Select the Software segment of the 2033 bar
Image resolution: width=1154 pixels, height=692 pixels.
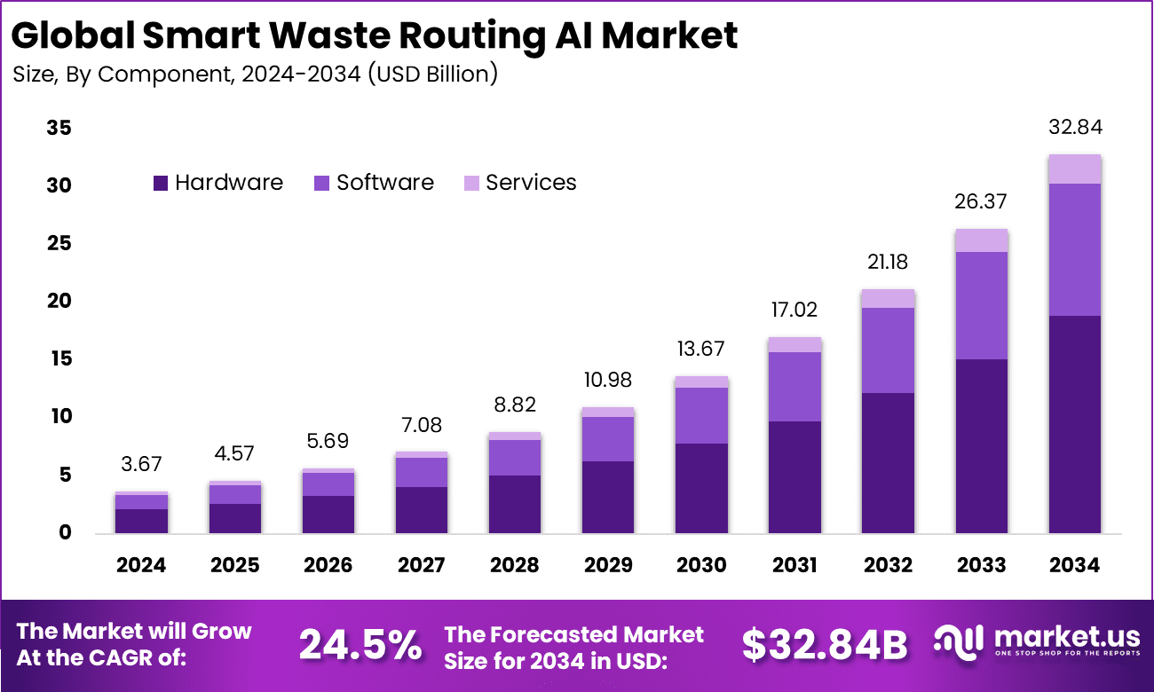click(x=981, y=305)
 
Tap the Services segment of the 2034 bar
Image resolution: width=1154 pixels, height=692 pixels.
click(x=1074, y=169)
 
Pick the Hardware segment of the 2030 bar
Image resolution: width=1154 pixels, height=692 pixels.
click(x=701, y=488)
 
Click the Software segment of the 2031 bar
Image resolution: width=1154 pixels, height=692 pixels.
click(x=794, y=387)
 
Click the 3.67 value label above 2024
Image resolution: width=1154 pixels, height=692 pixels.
click(x=142, y=464)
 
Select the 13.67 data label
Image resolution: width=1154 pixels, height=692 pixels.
click(x=701, y=349)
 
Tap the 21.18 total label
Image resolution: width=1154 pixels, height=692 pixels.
click(x=888, y=263)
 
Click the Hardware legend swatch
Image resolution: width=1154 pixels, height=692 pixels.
click(x=161, y=183)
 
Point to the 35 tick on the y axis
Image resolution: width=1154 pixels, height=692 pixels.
click(x=59, y=129)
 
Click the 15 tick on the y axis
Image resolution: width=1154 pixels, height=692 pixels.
click(x=59, y=359)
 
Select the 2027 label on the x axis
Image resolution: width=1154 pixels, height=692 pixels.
click(x=422, y=565)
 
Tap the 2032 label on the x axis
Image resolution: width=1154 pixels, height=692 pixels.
click(x=888, y=565)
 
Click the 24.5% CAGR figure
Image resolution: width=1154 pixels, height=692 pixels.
click(x=360, y=645)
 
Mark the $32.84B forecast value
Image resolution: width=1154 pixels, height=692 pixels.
click(x=825, y=645)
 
